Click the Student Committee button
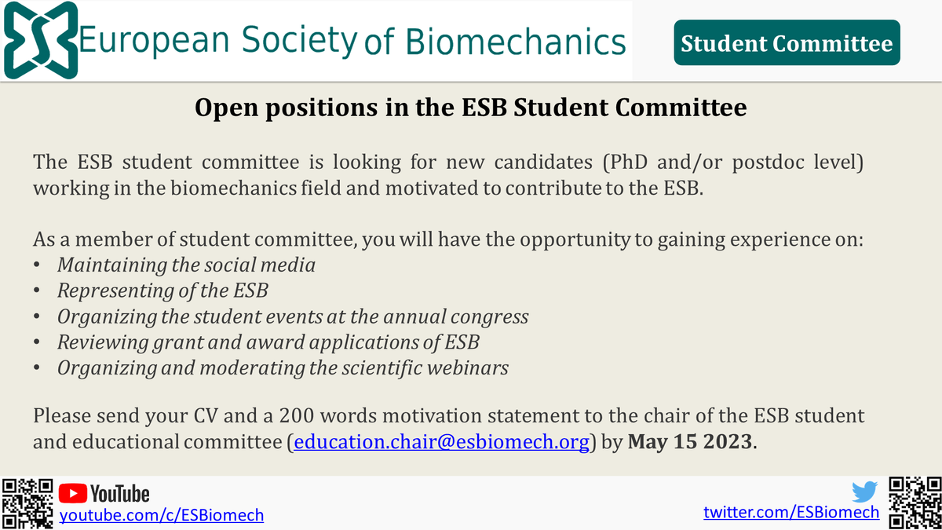point(787,42)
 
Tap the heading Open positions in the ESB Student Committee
point(470,108)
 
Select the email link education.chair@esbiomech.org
point(440,441)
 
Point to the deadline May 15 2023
point(690,441)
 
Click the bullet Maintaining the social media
point(186,265)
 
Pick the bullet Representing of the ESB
point(162,291)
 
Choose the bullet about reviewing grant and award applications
point(268,342)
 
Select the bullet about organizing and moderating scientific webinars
point(283,367)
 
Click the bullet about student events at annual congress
point(292,316)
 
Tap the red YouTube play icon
point(73,493)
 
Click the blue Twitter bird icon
point(864,492)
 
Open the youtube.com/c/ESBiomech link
point(162,515)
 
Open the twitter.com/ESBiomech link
point(791,513)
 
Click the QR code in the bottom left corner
point(28,503)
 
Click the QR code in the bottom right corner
point(913,503)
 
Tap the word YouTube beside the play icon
point(120,493)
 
